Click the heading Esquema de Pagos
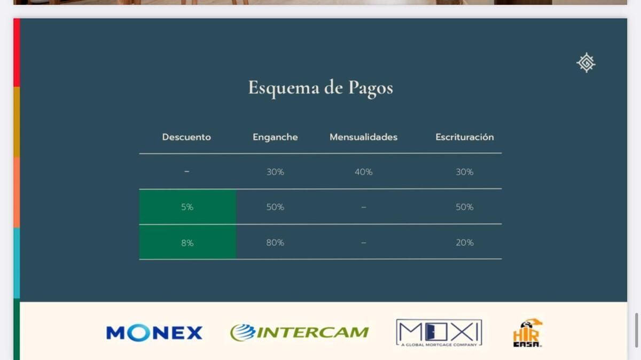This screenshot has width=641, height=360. click(x=320, y=88)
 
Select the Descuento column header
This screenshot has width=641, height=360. click(x=186, y=137)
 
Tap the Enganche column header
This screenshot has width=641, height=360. click(x=275, y=137)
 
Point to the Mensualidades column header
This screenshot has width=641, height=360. click(x=363, y=137)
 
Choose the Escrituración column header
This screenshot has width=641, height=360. click(x=465, y=137)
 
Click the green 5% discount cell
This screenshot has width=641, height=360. click(x=187, y=207)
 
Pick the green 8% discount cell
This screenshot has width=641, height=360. click(x=187, y=242)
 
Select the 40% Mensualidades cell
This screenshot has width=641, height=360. click(x=363, y=172)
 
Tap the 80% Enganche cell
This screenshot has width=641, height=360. click(x=275, y=242)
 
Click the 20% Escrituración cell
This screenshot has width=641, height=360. click(x=465, y=242)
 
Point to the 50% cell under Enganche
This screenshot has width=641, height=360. click(x=275, y=207)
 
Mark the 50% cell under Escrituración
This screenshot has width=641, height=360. click(x=465, y=207)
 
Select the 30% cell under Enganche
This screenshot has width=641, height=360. click(x=275, y=172)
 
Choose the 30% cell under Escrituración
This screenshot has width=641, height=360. click(x=465, y=172)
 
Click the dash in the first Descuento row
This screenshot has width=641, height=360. click(x=186, y=171)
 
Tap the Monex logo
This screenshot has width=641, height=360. click(x=154, y=333)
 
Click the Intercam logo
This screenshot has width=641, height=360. click(x=299, y=333)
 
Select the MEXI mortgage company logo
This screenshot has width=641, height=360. click(x=439, y=333)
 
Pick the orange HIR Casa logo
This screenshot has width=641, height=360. click(x=527, y=333)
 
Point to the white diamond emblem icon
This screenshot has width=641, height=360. click(x=586, y=62)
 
